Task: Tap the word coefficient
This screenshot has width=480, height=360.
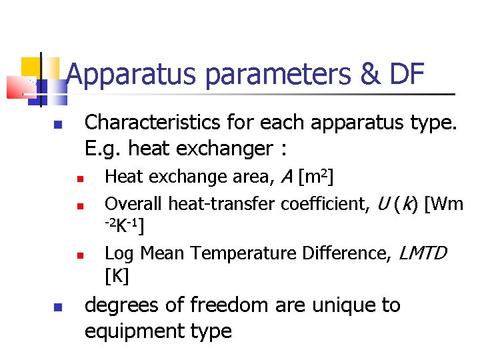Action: (x=323, y=203)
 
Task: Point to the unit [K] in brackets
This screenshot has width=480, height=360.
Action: (x=117, y=275)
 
